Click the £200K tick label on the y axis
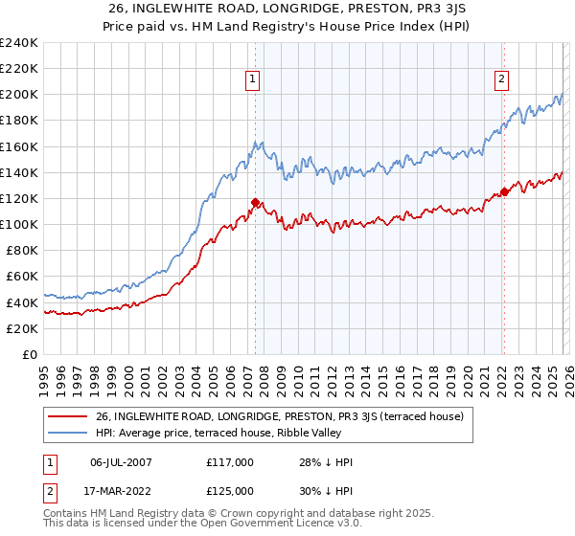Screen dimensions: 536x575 tap(18, 95)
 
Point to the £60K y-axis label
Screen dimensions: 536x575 tap(21, 277)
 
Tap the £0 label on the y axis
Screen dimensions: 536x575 tap(30, 354)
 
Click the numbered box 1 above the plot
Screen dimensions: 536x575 tap(253, 80)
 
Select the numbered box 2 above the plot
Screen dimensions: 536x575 tap(501, 80)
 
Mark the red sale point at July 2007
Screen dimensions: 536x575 tap(255, 202)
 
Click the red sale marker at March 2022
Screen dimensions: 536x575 tap(504, 192)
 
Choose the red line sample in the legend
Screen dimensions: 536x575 tap(69, 416)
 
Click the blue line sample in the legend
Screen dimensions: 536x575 tap(69, 434)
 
